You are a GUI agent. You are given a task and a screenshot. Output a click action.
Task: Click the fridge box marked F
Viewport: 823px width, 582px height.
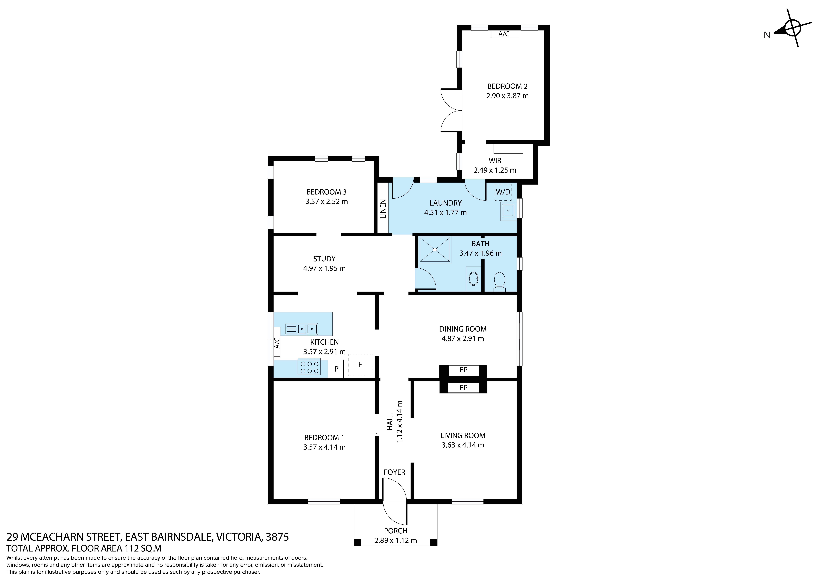pyautogui.click(x=360, y=365)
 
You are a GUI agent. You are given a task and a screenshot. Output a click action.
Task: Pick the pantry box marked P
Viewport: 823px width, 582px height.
pyautogui.click(x=336, y=369)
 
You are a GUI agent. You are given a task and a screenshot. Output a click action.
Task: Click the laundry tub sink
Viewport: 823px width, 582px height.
pyautogui.click(x=508, y=210)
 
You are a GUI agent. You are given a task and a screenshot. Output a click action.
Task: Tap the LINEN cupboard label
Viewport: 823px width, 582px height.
pyautogui.click(x=383, y=209)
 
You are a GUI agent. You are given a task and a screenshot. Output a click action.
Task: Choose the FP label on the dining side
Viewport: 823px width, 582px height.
pyautogui.click(x=463, y=370)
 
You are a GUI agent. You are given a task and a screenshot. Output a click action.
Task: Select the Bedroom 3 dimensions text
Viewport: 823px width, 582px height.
pyautogui.click(x=327, y=202)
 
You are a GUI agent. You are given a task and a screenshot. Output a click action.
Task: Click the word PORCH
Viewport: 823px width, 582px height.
pyautogui.click(x=396, y=531)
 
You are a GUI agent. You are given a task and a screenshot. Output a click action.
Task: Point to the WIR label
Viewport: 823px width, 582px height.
pyautogui.click(x=495, y=161)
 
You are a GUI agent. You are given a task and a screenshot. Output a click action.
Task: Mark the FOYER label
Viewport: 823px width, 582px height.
pyautogui.click(x=394, y=472)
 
